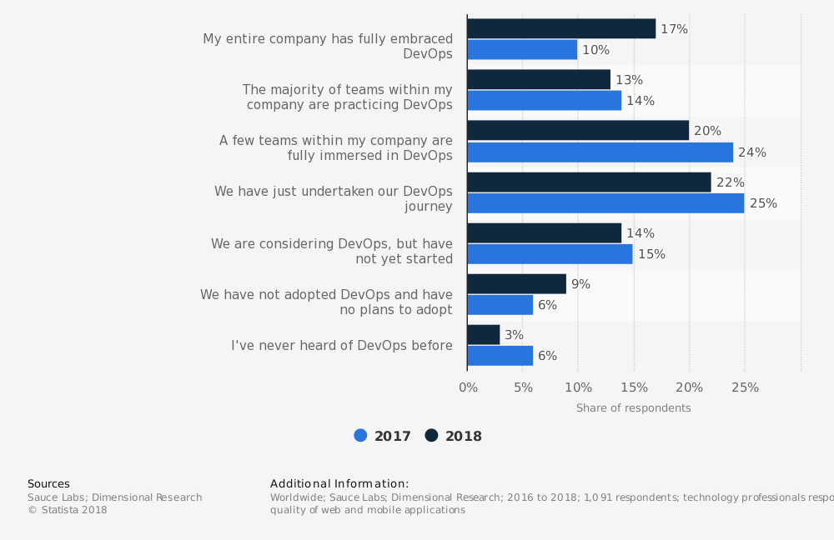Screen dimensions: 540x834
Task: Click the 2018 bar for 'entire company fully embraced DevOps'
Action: [561, 29]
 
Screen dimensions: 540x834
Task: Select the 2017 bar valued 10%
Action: [522, 50]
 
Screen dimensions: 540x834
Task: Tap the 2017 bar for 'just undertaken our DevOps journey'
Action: [605, 203]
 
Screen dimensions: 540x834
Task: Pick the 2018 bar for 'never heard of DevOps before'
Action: [484, 335]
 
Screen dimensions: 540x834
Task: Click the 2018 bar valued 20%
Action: [578, 131]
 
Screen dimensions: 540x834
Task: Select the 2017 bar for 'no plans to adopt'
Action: [500, 305]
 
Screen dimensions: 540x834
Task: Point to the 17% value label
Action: [674, 29]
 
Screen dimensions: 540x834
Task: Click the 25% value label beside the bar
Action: [763, 203]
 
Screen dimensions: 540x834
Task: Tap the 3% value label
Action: [514, 335]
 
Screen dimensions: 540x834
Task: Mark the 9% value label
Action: [580, 284]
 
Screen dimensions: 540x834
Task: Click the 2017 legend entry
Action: [383, 436]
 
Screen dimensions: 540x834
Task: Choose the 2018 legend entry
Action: [454, 436]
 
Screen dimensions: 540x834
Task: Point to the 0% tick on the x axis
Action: [468, 387]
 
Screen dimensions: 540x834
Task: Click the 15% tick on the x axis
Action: [634, 387]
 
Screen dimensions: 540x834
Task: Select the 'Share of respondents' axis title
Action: [633, 408]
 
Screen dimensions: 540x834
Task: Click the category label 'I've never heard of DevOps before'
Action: [342, 346]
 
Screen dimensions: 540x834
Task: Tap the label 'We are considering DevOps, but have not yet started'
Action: [331, 252]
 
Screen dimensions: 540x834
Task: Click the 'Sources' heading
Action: [48, 484]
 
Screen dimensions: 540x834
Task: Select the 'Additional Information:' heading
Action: [339, 484]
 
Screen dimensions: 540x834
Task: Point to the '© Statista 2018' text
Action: [68, 510]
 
